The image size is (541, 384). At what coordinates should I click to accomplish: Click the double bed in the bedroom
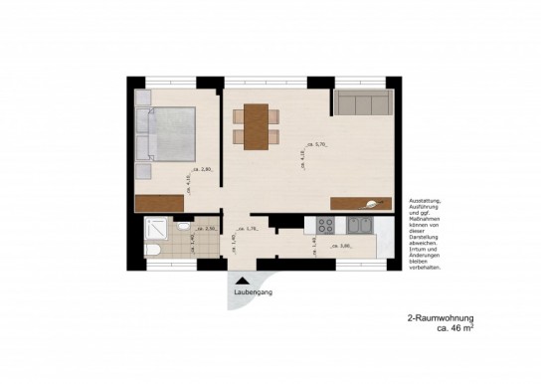pos(169,133)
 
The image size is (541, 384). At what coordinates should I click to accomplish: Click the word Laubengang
pos(252,293)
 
